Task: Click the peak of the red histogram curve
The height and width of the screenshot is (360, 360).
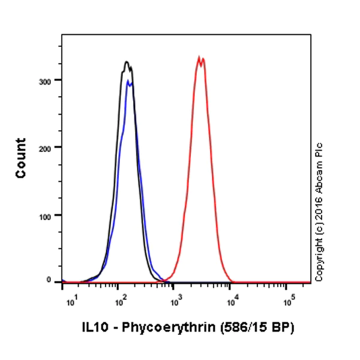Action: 199,58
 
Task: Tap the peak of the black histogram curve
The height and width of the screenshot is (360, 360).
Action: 127,62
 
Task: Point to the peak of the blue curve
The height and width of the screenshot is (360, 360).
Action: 127,81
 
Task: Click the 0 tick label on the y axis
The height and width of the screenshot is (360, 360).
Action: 55,280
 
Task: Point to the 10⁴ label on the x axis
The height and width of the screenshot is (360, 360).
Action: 231,298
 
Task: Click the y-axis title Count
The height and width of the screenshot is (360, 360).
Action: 21,158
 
